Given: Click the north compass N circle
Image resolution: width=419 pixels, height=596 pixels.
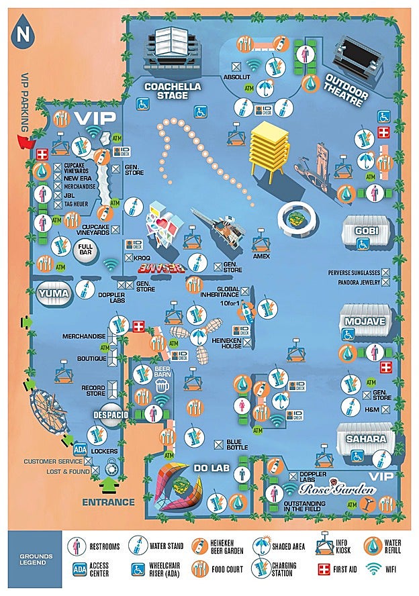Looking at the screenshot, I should tap(25, 34).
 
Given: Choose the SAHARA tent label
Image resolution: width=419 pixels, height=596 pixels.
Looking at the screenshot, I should tap(366, 439).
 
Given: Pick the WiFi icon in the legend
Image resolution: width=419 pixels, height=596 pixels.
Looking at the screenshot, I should tap(374, 569).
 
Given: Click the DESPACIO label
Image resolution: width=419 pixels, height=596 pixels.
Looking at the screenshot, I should tap(111, 414).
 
